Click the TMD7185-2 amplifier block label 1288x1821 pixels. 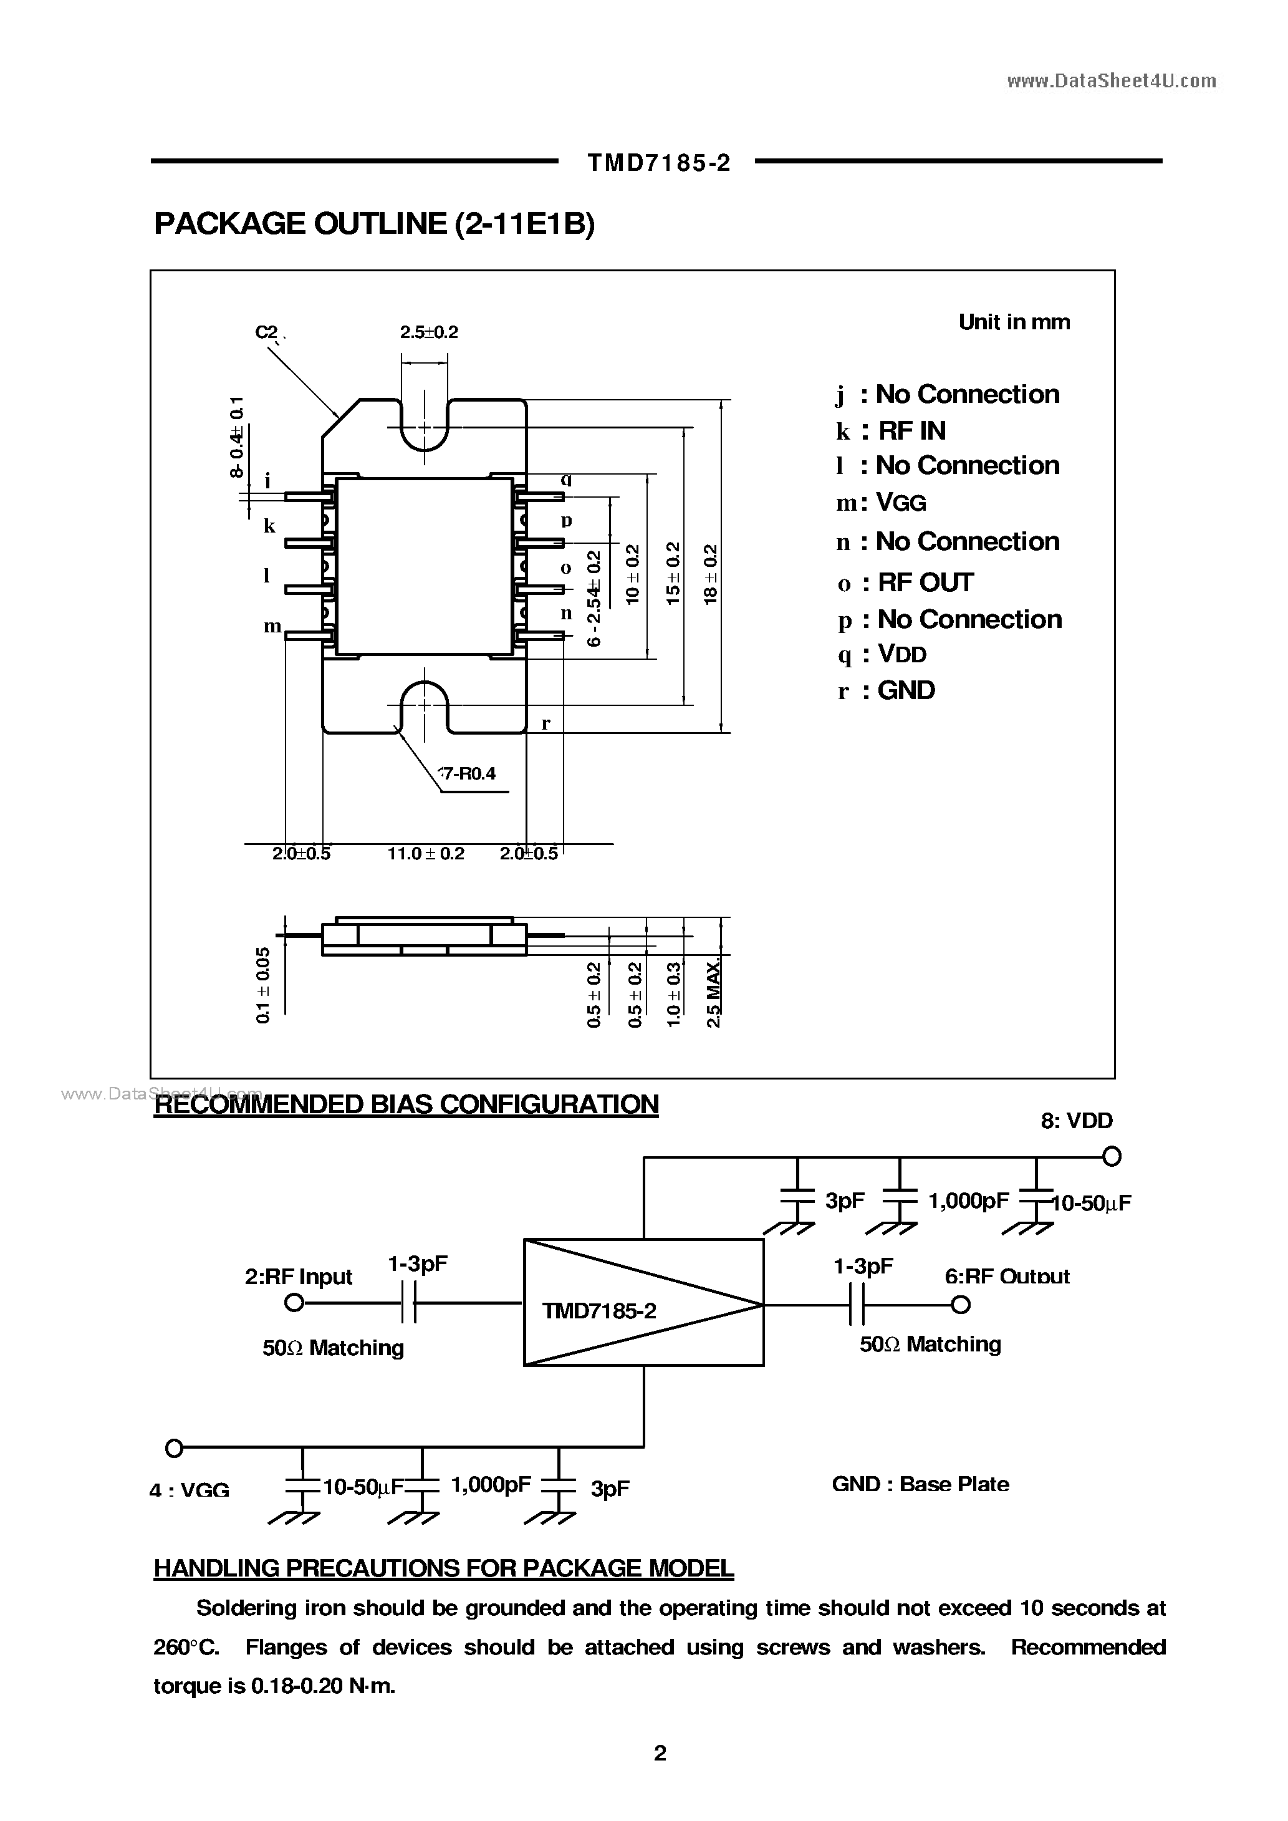click(600, 1311)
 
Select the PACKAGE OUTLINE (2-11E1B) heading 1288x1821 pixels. click(373, 225)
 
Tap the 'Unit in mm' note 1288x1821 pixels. click(1014, 322)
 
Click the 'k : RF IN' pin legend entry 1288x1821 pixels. click(891, 431)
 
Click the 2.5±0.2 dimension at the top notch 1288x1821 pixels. click(429, 332)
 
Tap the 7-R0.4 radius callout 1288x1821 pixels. click(468, 773)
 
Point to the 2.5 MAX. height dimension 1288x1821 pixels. click(714, 992)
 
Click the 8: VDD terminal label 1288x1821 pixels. click(1076, 1121)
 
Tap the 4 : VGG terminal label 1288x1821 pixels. click(190, 1490)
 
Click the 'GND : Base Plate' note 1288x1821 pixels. click(920, 1484)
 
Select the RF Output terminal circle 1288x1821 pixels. click(961, 1304)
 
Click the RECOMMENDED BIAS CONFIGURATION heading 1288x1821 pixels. click(406, 1105)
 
